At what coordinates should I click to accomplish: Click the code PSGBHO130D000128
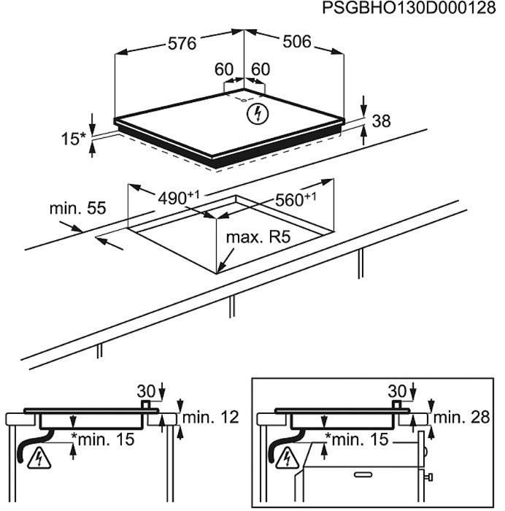point(409,8)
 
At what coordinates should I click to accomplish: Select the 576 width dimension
point(182,44)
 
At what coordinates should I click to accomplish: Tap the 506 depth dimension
point(297,42)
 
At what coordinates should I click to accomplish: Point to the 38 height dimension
point(381,121)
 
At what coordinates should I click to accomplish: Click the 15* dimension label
point(73,139)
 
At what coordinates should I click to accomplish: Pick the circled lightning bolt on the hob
point(258,114)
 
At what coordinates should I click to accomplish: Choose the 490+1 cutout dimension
point(178,198)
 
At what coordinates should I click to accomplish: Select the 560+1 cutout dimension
point(296,199)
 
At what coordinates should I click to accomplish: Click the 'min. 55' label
point(77,208)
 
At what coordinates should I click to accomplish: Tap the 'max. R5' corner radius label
point(258,237)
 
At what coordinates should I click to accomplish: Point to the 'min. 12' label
point(210,417)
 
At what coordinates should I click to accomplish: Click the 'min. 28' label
point(461,417)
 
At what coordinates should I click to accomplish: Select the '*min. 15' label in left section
point(103,439)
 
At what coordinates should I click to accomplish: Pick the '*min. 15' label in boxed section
point(357,439)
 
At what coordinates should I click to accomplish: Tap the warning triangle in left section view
point(39,459)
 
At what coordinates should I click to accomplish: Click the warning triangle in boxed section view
point(287,459)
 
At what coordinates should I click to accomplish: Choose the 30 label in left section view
point(146,391)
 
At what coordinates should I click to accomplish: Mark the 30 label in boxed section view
point(397,391)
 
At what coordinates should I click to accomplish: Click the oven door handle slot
point(363,474)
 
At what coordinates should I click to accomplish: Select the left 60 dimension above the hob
point(224,69)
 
